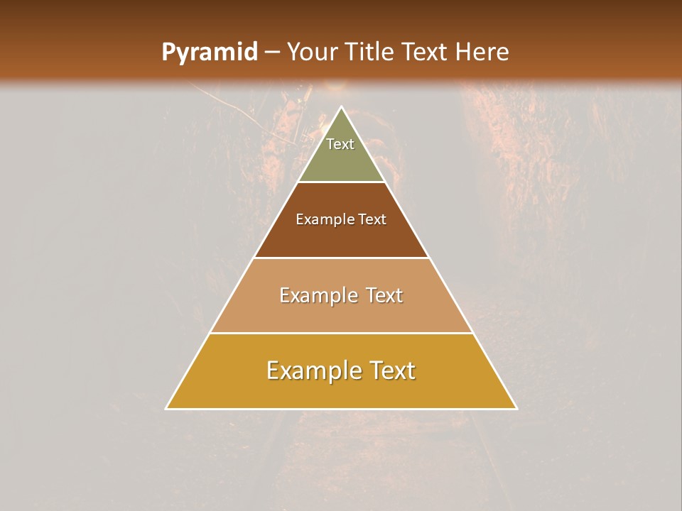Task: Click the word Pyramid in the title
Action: [x=209, y=53]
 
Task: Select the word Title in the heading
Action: [x=370, y=52]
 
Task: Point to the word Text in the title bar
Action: [x=426, y=52]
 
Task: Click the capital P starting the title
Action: [x=168, y=52]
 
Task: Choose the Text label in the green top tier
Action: [x=340, y=144]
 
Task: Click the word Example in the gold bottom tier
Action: [x=310, y=370]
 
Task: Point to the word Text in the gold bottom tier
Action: [x=392, y=370]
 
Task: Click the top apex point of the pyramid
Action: [x=341, y=107]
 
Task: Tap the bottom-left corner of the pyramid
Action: [x=166, y=408]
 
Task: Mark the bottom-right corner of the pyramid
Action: [x=516, y=408]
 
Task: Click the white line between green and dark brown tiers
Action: [x=341, y=182]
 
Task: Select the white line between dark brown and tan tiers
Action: [x=341, y=258]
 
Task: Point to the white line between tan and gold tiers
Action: [x=341, y=333]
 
